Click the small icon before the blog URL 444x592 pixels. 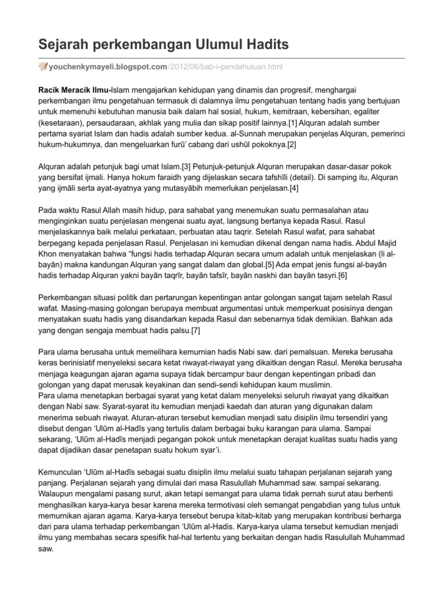43,68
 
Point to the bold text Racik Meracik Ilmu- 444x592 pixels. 75,90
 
